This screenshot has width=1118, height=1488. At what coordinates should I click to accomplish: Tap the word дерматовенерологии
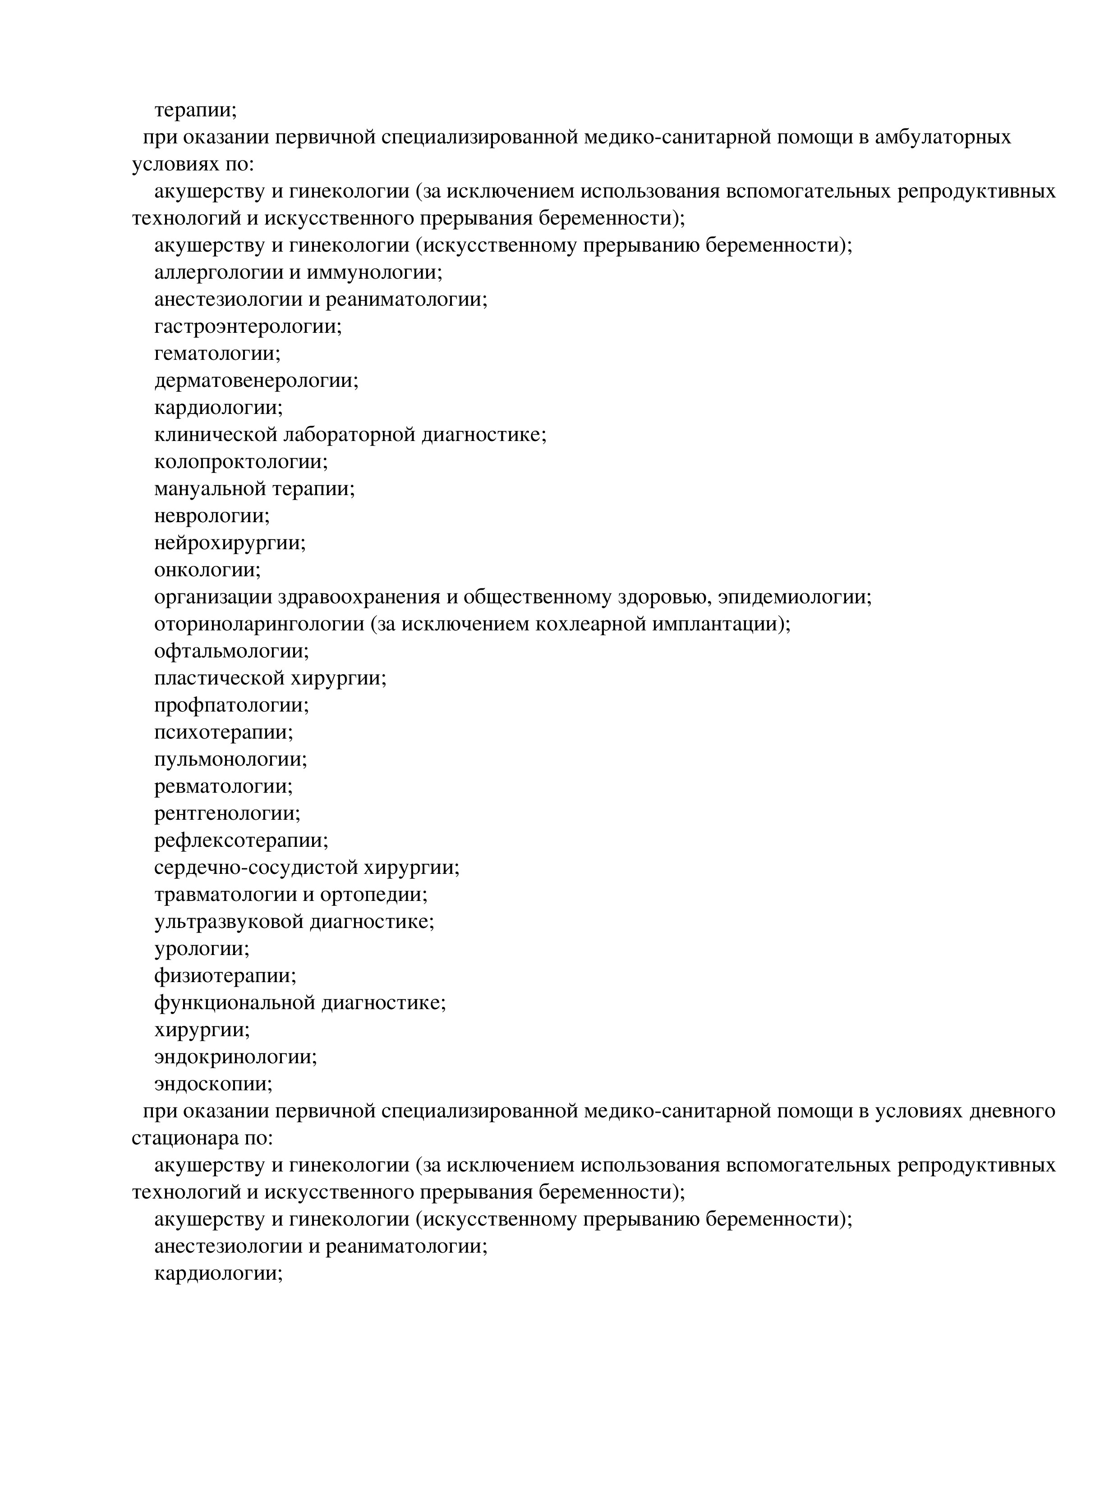point(256,381)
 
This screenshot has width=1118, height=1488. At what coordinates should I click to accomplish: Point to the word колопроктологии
point(240,462)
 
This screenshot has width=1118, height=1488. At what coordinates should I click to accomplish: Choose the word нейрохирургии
point(229,543)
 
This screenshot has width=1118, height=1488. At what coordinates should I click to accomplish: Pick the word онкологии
point(207,570)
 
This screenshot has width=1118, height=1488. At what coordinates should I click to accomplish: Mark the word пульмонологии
point(230,759)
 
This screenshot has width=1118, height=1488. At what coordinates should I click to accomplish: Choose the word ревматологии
point(223,786)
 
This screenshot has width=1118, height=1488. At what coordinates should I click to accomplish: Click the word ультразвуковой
point(229,922)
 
